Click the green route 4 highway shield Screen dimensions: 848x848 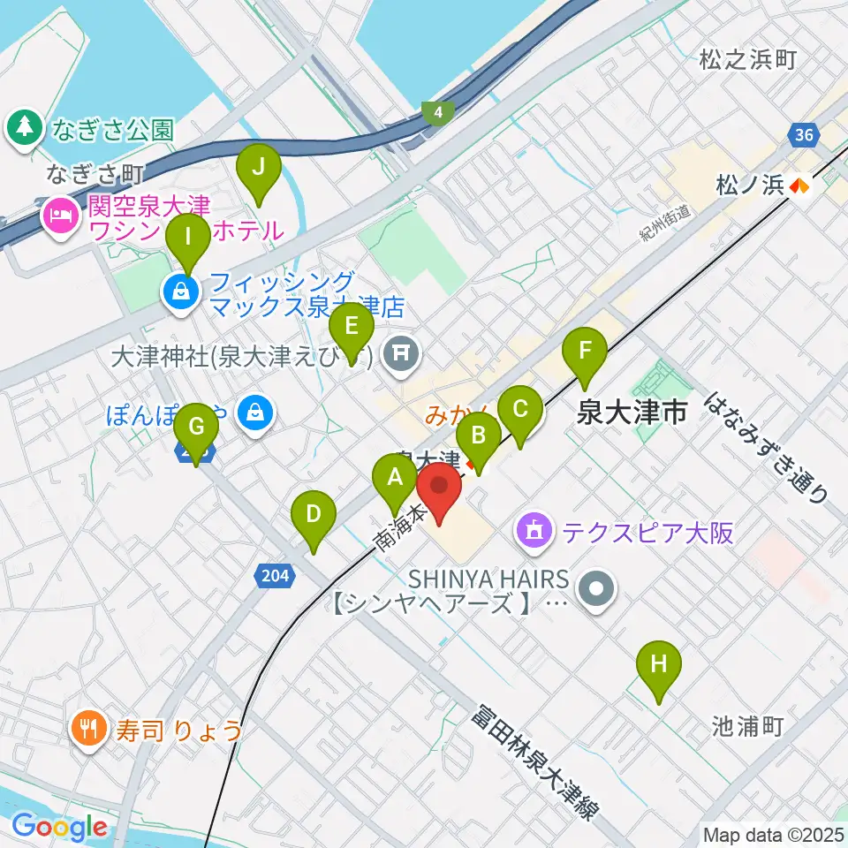coord(436,112)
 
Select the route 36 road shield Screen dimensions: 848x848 coord(802,135)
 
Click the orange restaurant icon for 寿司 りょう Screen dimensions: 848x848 coord(87,728)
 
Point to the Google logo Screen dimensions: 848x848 coord(60,827)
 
